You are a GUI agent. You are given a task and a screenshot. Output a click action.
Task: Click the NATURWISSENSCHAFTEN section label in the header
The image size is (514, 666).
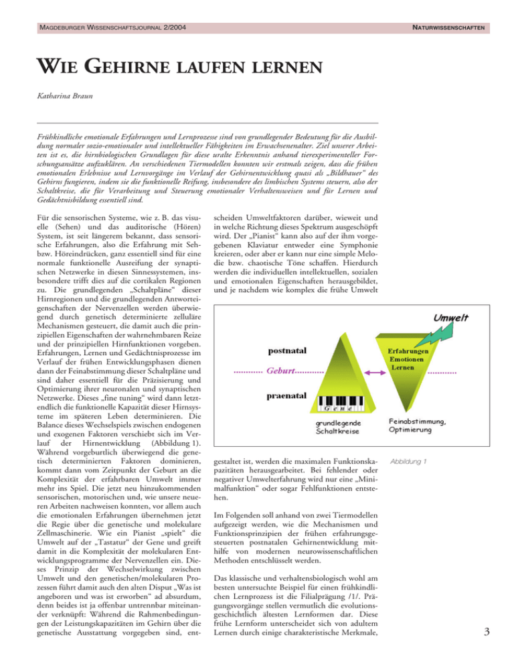(444, 27)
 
